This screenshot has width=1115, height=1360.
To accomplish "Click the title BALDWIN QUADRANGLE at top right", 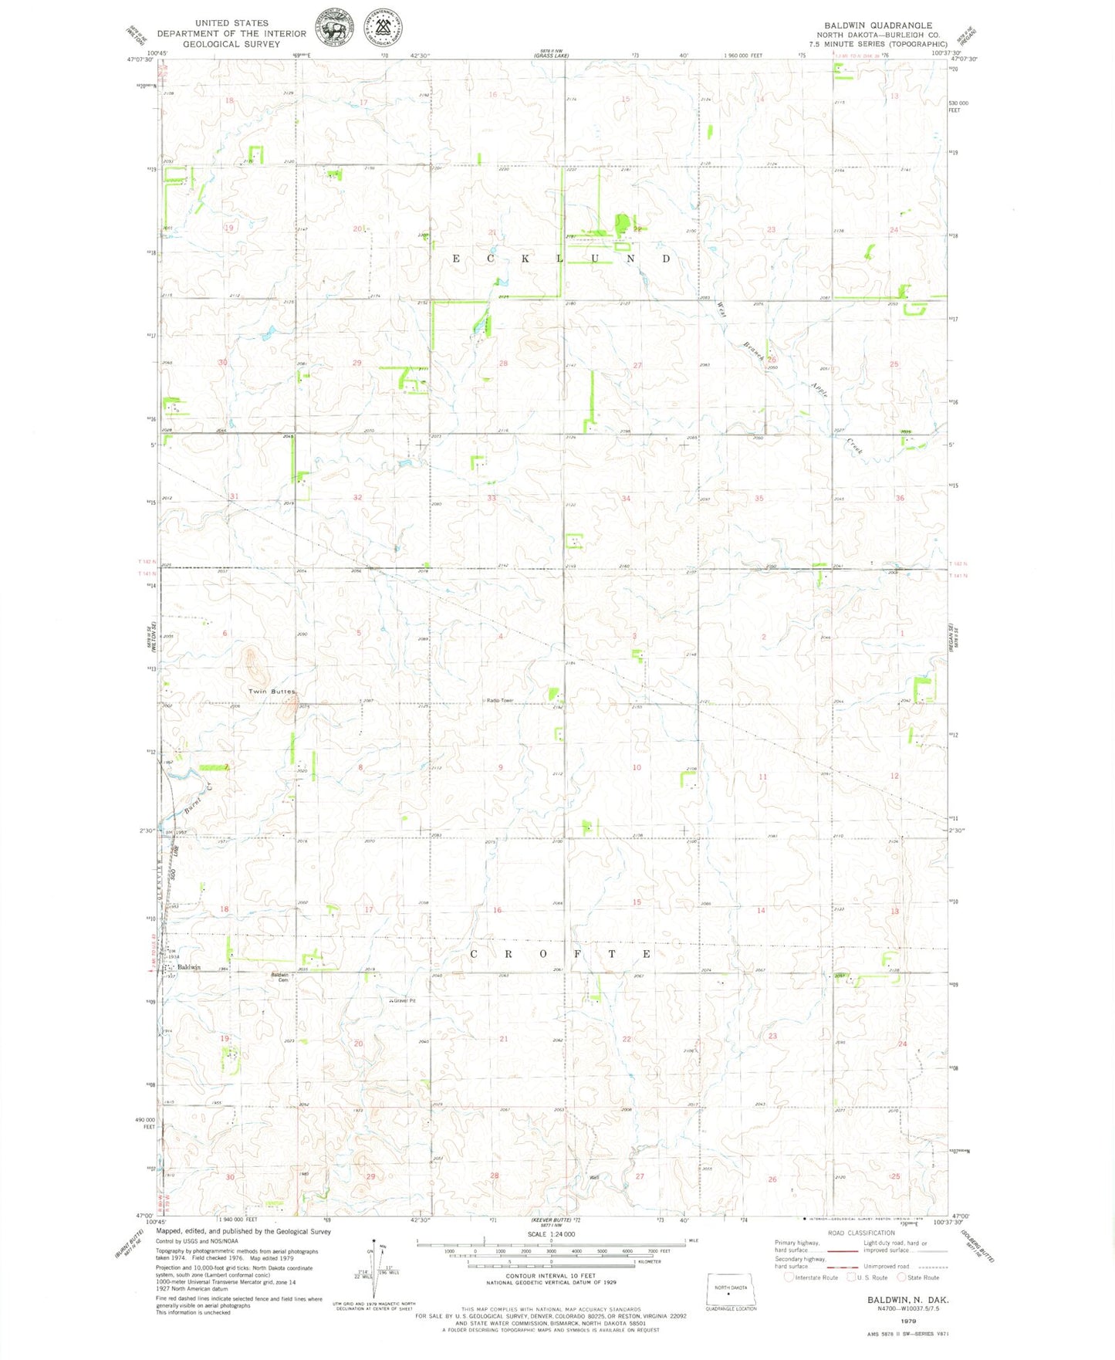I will point(877,25).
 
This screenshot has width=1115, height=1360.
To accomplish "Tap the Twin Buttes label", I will point(272,691).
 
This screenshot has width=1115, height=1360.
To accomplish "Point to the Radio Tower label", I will point(500,700).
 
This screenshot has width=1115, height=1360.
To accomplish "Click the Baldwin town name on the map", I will point(189,967).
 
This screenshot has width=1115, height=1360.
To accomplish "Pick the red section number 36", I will point(900,499).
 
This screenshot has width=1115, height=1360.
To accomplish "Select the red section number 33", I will point(492,499).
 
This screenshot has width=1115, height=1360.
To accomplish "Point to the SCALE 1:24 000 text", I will point(550,1234).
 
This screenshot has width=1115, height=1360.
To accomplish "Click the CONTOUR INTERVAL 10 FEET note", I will point(550,1277).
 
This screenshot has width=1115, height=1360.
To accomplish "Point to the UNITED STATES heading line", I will point(231,23).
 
